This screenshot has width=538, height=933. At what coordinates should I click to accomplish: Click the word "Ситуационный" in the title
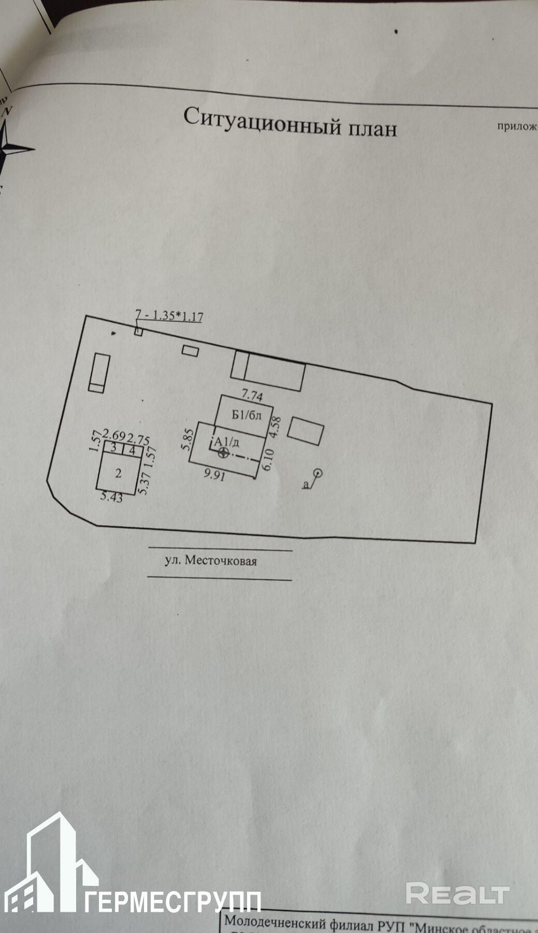click(x=256, y=121)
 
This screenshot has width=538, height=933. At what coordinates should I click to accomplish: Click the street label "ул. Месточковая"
click(x=210, y=561)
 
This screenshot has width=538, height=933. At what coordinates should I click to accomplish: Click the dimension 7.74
click(x=252, y=396)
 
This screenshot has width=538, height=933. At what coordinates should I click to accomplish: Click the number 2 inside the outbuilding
click(x=119, y=472)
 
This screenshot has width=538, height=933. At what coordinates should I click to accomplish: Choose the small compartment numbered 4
click(x=132, y=450)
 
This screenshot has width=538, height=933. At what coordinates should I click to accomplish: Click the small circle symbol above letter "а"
click(x=318, y=472)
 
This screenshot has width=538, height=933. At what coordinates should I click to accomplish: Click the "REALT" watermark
click(x=458, y=893)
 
